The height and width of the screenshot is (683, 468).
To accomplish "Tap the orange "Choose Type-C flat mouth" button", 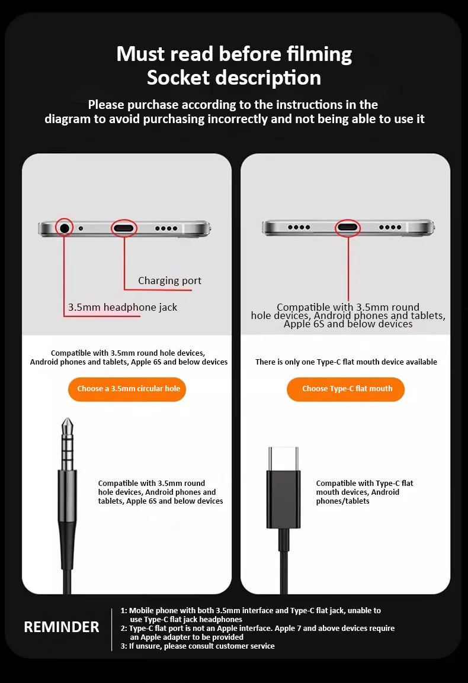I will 347,389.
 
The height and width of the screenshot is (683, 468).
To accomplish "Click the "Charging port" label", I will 169,281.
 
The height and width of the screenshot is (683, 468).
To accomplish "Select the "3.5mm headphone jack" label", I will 123,307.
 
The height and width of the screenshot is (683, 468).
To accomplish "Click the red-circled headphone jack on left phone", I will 65,227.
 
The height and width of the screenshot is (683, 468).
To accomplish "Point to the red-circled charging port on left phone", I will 124,228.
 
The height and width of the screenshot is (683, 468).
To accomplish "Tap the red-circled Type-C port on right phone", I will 348,227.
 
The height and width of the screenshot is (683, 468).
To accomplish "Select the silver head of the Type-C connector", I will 283,458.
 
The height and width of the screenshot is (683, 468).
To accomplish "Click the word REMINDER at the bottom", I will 62,627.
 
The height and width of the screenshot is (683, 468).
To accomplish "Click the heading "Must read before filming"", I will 234,54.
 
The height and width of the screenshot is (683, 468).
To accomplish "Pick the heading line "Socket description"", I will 234,78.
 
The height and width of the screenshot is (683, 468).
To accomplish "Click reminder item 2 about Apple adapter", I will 261,632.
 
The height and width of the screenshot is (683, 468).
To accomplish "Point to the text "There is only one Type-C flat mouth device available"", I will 346,362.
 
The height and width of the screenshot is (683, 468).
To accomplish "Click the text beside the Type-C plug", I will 364,492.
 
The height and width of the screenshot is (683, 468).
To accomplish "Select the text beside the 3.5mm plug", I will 160,492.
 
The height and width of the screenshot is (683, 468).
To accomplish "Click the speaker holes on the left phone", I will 166,228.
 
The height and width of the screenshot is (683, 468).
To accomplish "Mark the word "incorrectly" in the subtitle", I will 238,119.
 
